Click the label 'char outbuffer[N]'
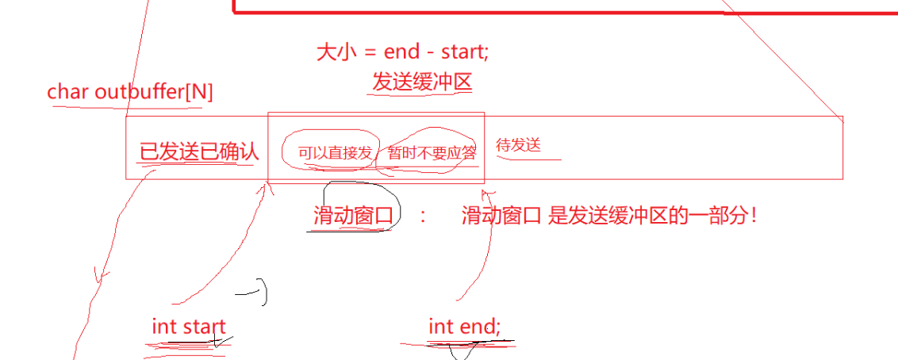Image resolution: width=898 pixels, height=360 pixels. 130,91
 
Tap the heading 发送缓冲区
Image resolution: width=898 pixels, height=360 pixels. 422,82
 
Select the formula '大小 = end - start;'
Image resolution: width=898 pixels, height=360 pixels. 403,52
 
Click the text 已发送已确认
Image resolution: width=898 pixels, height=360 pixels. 199,151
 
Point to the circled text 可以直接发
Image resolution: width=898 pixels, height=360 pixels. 335,153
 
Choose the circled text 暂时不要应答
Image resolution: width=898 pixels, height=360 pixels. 432,153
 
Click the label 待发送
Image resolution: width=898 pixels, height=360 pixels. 518,145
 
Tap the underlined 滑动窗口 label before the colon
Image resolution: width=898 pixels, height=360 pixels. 353,216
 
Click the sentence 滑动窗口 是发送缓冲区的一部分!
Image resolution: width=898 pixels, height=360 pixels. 609,216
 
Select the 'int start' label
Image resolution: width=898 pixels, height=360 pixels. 189,327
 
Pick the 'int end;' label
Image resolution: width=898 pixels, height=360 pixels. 464,327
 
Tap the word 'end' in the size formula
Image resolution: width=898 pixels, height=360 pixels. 402,52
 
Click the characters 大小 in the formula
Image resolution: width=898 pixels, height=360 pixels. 336,52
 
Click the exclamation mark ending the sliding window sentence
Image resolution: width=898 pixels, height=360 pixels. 754,216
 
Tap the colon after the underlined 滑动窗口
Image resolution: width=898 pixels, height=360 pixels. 423,217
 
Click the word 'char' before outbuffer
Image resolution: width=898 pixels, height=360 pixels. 67,91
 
